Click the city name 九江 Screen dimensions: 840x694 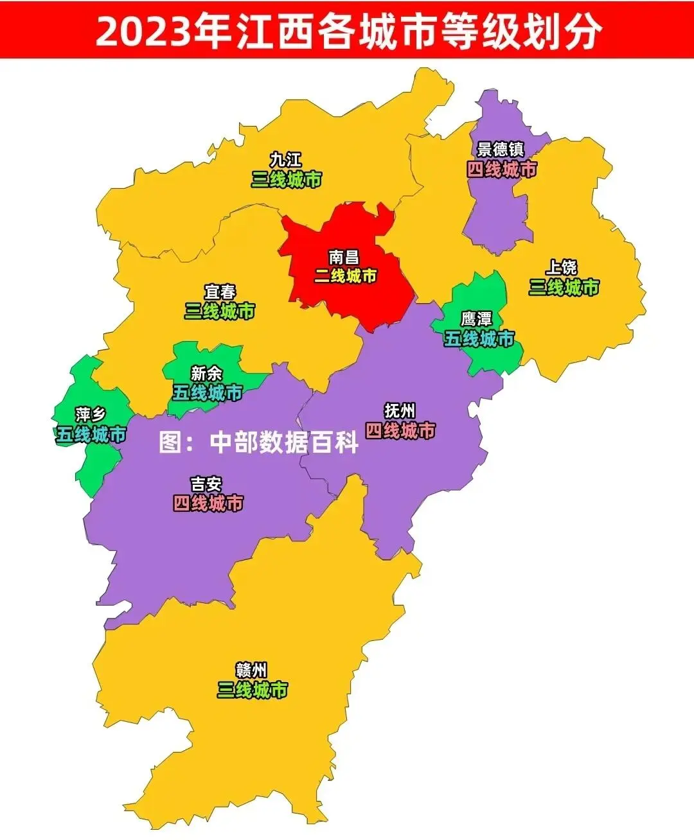(x=285, y=159)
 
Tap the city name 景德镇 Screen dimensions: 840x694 (x=501, y=149)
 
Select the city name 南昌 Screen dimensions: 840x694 (x=344, y=258)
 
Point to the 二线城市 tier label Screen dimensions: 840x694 (x=346, y=276)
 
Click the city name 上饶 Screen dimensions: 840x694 (x=562, y=267)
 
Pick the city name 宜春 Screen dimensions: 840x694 (x=220, y=292)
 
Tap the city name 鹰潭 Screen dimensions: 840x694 (x=477, y=319)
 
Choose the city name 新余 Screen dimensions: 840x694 (x=206, y=373)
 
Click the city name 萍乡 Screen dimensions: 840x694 (x=91, y=415)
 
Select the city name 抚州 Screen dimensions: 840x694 (x=400, y=410)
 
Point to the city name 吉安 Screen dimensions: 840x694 (x=206, y=484)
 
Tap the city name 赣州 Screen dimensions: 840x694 (x=251, y=670)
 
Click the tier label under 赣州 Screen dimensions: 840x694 (x=252, y=690)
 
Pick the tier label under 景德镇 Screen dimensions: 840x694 (x=501, y=170)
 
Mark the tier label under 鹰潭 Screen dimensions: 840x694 (x=479, y=338)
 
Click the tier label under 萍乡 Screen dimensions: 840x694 (x=91, y=435)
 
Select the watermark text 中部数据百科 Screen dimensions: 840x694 (x=284, y=442)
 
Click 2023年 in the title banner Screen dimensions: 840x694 (x=163, y=30)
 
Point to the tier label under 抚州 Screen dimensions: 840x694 (x=400, y=430)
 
